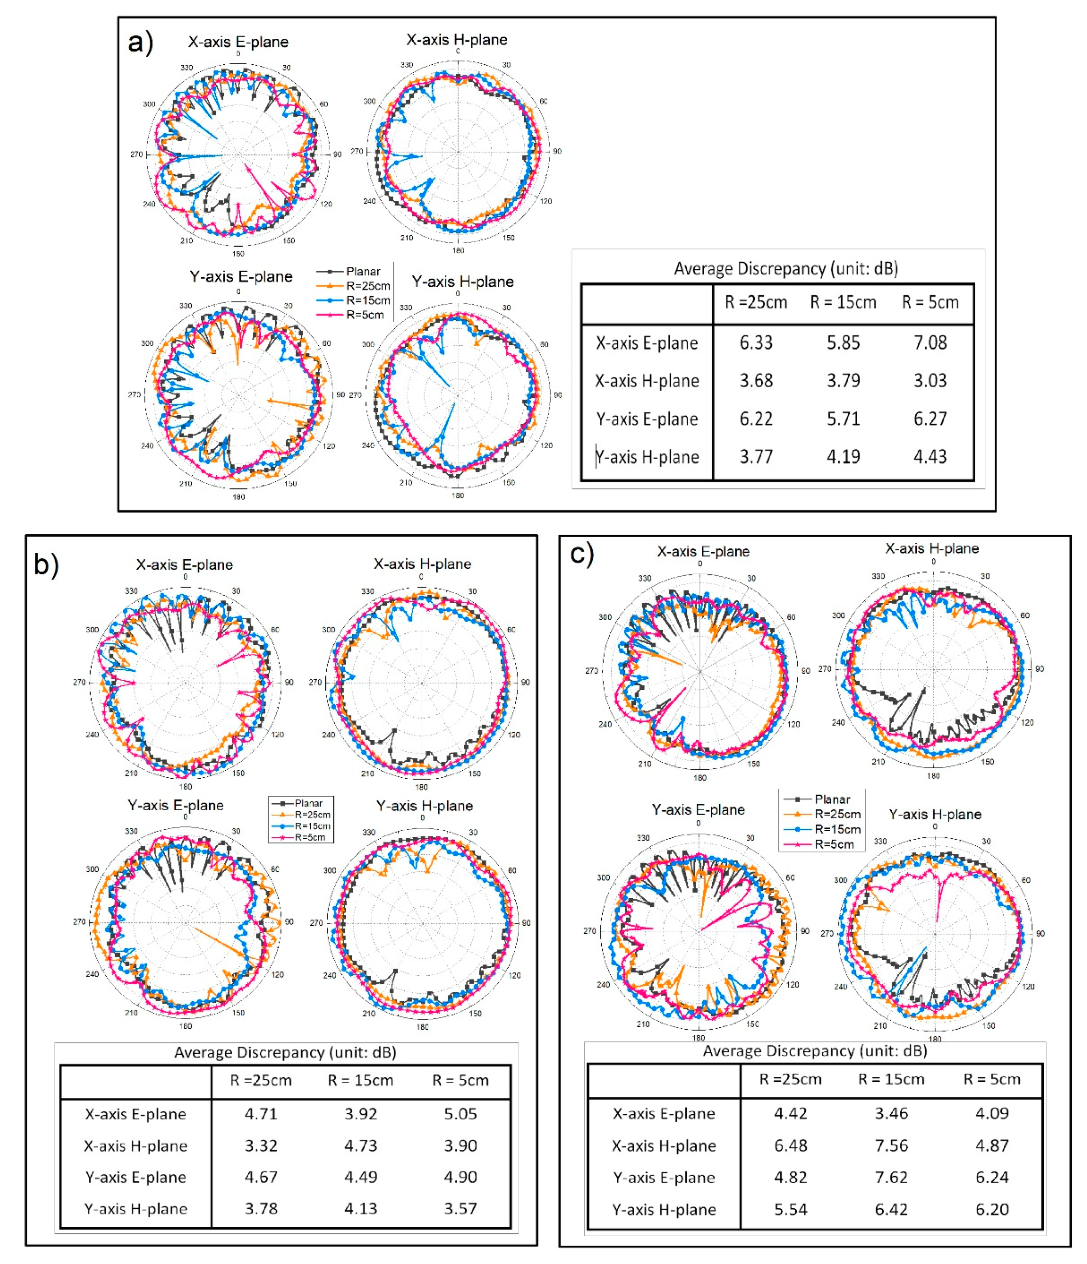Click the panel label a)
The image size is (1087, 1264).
[x=140, y=43]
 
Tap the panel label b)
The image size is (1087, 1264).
[x=46, y=564]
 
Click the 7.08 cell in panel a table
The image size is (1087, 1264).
[x=930, y=343]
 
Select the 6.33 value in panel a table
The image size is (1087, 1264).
[x=756, y=343]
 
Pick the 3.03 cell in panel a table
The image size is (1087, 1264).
[x=930, y=381]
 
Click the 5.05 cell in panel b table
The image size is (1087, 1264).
[x=460, y=1114]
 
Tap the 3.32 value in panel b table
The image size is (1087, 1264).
[x=261, y=1146]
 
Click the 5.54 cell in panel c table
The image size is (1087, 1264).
[x=791, y=1209]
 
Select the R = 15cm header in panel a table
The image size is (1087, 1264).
[x=843, y=302]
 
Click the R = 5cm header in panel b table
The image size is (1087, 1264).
[x=460, y=1080]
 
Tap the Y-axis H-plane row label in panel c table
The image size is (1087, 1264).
[x=664, y=1210]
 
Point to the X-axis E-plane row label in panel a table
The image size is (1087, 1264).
[x=647, y=343]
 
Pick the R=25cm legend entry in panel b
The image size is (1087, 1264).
[x=312, y=814]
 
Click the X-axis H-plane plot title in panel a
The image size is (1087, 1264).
[x=457, y=40]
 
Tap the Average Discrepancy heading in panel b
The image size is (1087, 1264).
[x=285, y=1052]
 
